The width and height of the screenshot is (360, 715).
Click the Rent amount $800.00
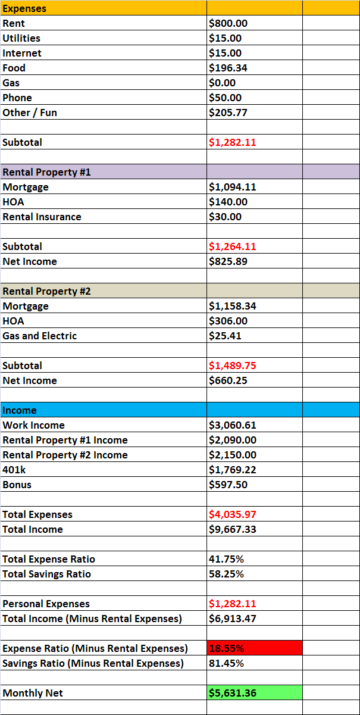[228, 23]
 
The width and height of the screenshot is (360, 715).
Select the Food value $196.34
[228, 68]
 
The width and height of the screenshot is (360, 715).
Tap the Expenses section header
[24, 8]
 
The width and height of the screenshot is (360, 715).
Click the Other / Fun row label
[30, 113]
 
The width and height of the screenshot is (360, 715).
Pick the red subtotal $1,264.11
[233, 246]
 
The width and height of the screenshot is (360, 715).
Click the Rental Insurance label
[42, 217]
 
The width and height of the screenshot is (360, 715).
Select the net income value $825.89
[228, 261]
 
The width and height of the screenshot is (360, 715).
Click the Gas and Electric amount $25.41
[226, 336]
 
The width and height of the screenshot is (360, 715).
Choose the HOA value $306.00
[228, 321]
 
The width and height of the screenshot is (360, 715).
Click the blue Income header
[20, 410]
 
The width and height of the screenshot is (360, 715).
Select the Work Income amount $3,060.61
[233, 425]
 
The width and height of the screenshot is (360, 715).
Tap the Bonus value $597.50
[228, 485]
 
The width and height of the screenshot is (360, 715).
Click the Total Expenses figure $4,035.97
[233, 514]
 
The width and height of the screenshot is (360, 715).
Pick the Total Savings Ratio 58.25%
[227, 574]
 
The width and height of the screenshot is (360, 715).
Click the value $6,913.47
[233, 619]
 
